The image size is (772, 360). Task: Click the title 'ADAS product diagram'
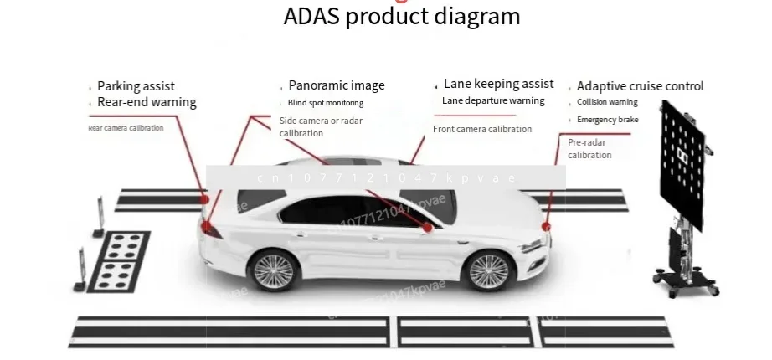(401, 16)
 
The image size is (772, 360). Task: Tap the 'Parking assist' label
(136, 86)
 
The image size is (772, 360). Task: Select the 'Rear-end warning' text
(147, 103)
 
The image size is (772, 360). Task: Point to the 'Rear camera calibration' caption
(126, 128)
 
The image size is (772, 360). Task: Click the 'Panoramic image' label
(337, 85)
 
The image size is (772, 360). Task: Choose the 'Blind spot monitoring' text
(326, 103)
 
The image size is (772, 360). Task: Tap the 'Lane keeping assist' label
(498, 84)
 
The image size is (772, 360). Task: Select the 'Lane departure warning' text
(493, 100)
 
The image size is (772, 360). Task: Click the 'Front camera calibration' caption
(482, 129)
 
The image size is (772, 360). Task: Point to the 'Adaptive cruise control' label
(640, 86)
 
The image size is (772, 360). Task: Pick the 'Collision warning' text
(607, 102)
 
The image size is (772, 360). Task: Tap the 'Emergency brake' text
(607, 120)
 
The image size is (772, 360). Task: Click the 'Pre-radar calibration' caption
(589, 149)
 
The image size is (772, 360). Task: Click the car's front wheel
(487, 270)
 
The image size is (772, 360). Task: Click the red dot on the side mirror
(427, 227)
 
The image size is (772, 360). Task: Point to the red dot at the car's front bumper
(547, 226)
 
